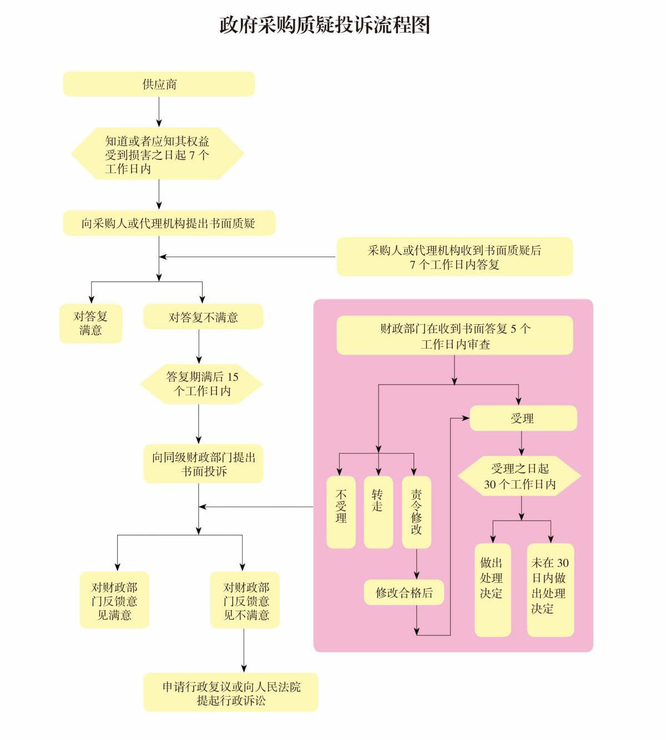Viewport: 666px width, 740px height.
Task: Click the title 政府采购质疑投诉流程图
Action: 325,25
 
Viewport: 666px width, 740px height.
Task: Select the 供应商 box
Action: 159,84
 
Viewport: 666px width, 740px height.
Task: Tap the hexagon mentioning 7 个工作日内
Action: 158,154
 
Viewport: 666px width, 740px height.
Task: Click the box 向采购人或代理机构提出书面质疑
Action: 169,223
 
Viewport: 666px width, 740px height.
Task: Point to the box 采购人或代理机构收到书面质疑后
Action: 455,257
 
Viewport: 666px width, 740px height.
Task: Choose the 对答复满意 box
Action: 90,323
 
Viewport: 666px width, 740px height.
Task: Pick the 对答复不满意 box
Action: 203,317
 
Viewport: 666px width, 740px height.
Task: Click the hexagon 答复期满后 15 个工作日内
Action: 201,384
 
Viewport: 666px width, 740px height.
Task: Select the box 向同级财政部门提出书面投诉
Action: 203,464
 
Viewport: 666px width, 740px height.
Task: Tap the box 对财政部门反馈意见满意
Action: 114,600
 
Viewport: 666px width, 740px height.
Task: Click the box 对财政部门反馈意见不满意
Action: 245,600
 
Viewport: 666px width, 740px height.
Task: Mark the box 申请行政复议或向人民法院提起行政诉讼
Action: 231,692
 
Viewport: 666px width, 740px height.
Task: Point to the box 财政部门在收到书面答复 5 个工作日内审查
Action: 455,336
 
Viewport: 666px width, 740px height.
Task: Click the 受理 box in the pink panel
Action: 523,419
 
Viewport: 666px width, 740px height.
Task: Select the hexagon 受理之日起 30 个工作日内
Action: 519,476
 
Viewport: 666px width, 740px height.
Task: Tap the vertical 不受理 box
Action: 341,512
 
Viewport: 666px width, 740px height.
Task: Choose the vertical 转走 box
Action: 378,512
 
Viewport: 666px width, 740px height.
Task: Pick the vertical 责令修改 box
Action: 416,512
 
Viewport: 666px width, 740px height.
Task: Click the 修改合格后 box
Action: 405,593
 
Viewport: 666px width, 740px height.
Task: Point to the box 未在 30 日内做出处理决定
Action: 550,590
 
